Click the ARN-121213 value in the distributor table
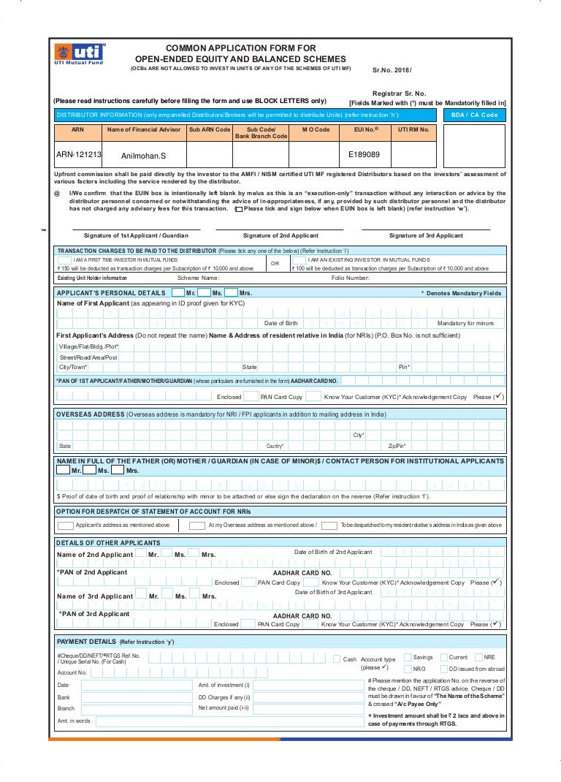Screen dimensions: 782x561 click(x=79, y=155)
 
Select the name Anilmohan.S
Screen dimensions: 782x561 click(x=143, y=156)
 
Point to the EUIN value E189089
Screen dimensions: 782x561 click(x=364, y=155)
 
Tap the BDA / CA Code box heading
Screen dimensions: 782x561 click(x=474, y=115)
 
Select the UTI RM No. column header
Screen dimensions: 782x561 click(x=413, y=129)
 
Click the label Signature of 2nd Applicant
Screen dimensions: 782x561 click(x=280, y=235)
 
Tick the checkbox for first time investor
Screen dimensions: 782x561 click(x=64, y=259)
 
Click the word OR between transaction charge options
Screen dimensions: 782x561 click(x=275, y=264)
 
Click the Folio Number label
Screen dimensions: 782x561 click(x=351, y=278)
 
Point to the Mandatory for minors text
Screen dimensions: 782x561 click(x=465, y=323)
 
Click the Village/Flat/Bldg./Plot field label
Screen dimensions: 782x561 click(x=88, y=346)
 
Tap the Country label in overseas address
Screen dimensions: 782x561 click(x=275, y=445)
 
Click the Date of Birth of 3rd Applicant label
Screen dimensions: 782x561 click(x=333, y=592)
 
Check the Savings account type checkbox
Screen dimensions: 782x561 click(x=408, y=658)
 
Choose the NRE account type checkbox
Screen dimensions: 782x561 click(x=478, y=658)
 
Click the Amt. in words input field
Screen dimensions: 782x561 click(x=229, y=721)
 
